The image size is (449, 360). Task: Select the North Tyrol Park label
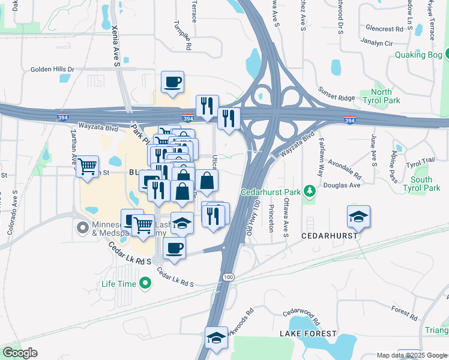point(385,96)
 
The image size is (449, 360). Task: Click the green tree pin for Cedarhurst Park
point(310,192)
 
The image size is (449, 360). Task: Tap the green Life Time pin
point(145,283)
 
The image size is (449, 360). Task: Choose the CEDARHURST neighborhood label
point(330,236)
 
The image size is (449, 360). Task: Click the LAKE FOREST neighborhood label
point(304,332)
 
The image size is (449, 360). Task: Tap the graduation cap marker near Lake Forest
point(216,338)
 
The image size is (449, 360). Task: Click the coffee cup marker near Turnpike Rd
point(172,82)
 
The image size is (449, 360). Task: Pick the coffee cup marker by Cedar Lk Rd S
point(174,248)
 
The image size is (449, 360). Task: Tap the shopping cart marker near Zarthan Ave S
point(87,166)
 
